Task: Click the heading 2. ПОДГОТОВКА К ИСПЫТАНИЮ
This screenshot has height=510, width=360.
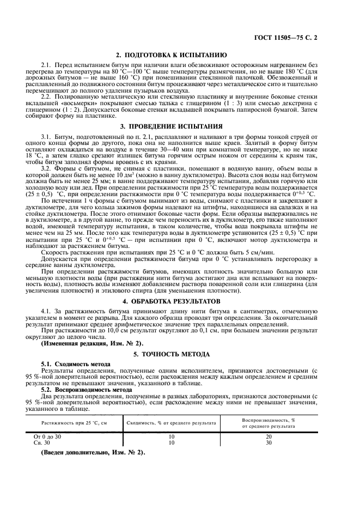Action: (x=180, y=55)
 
